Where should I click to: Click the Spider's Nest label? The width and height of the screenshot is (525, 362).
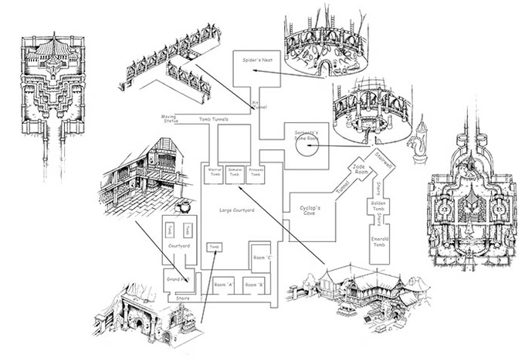pos(256,60)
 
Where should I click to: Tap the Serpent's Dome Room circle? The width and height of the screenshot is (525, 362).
pos(307,145)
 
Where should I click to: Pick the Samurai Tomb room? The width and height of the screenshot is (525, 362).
pos(235,174)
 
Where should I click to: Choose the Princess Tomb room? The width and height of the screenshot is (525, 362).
pos(257,174)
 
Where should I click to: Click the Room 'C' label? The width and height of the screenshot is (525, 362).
pos(261,257)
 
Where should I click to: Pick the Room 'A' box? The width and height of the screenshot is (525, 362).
pos(224,285)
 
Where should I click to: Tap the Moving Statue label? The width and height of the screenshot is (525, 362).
pos(170,119)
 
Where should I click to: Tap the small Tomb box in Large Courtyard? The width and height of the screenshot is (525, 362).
pos(215,247)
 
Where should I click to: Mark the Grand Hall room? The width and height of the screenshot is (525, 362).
pos(177,278)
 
